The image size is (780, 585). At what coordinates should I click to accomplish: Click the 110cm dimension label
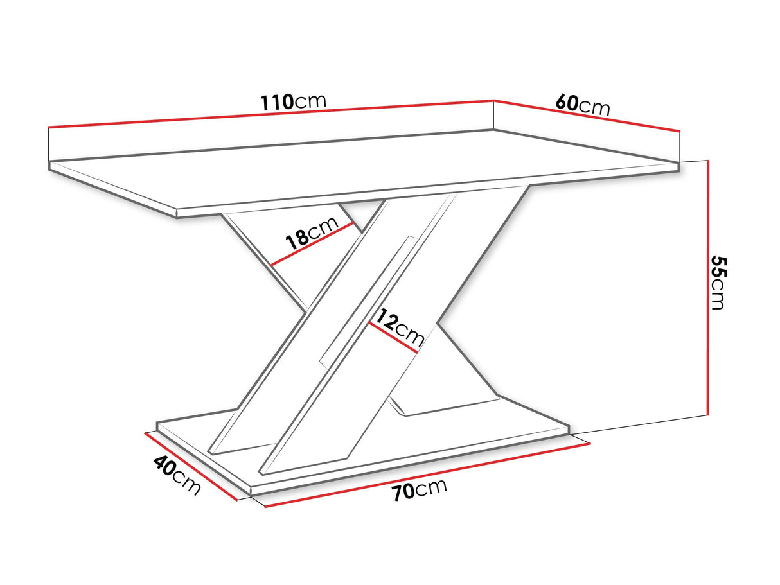293,101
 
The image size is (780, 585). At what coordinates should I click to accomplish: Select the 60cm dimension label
582,105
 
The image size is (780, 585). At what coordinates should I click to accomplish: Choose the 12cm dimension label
400,327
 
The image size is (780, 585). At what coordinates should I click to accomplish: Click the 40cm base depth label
177,475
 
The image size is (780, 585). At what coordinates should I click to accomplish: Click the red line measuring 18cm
312,245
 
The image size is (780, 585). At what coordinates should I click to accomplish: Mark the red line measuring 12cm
393,338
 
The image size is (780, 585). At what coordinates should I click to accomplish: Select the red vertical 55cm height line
708,287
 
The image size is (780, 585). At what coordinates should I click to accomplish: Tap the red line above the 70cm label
427,475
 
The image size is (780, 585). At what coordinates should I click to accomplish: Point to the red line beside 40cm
191,466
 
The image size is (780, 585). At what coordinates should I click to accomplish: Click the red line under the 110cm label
270,114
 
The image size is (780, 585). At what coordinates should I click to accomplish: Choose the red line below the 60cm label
587,116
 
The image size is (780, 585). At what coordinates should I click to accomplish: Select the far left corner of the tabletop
49,162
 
